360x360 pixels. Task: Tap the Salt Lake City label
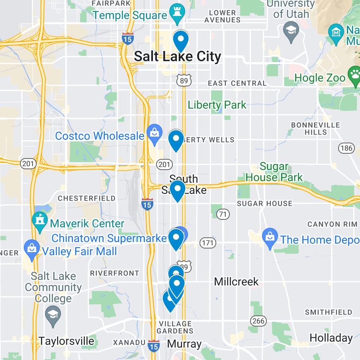coord(177,57)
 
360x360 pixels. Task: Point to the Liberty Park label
coord(217,105)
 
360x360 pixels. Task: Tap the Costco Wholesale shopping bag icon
coord(154,134)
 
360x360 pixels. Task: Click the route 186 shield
coord(346,148)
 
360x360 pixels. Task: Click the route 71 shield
coord(223,214)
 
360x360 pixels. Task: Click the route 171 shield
coord(207,243)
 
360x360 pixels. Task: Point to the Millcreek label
coord(236,282)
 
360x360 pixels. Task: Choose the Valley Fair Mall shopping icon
coord(32,250)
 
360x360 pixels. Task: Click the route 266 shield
coord(258,320)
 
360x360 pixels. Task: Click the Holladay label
coord(331,338)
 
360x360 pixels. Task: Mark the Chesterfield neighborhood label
coord(86,198)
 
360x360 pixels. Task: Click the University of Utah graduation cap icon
coord(292,31)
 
